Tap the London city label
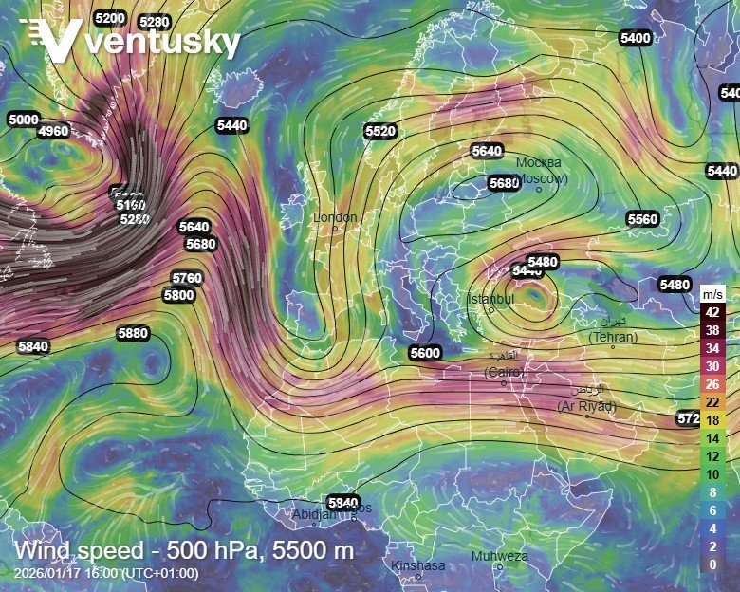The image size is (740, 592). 336,218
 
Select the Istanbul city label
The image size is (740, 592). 490,299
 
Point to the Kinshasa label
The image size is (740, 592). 417,565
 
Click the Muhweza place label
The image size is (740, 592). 499,556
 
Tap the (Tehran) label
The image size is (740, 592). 613,337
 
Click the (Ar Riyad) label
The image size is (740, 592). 586,406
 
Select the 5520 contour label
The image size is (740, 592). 379,131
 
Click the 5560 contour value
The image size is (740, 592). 642,219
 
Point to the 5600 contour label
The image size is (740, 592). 425,353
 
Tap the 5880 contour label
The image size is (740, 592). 133,333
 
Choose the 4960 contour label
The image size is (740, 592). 53,131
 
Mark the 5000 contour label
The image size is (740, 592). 23,120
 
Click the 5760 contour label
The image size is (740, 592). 187,277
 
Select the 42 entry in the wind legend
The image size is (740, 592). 712,311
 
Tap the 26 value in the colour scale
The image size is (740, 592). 712,384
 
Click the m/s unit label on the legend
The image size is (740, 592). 712,292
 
